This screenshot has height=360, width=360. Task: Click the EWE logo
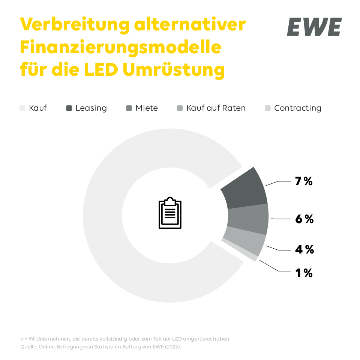(x=314, y=27)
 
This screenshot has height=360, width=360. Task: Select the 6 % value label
(x=304, y=219)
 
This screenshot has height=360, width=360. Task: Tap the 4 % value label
(x=304, y=249)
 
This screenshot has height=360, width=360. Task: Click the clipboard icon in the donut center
(x=170, y=213)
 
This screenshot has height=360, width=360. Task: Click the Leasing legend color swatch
(x=69, y=108)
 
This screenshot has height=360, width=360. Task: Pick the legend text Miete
(x=147, y=108)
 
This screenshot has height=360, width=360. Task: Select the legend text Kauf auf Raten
(x=216, y=108)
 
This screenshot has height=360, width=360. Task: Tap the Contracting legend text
(x=298, y=108)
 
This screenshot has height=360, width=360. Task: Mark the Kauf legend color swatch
(x=22, y=108)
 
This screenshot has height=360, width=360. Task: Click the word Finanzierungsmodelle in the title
(x=120, y=48)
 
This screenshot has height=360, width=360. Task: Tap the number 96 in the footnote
(x=31, y=339)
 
